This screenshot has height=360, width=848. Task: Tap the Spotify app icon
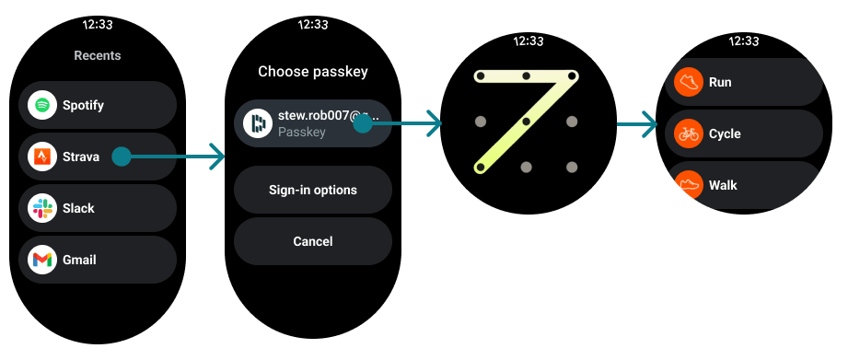[41, 105]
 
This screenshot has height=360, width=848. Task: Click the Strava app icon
[41, 157]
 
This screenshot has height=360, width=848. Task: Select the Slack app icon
[41, 208]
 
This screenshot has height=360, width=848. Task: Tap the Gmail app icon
[41, 260]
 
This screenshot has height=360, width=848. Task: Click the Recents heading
[98, 55]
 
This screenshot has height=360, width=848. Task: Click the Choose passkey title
[312, 71]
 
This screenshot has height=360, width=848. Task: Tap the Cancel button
[312, 241]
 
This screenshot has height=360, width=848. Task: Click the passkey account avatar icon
[257, 123]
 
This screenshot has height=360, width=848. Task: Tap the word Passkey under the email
[301, 133]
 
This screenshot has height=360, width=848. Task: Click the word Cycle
[725, 134]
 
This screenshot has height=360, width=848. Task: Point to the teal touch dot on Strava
[121, 157]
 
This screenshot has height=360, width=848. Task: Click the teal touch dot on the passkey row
[363, 123]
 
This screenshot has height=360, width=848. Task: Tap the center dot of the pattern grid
[526, 122]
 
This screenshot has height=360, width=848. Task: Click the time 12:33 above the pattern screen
[529, 41]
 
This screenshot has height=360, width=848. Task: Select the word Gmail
[80, 260]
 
